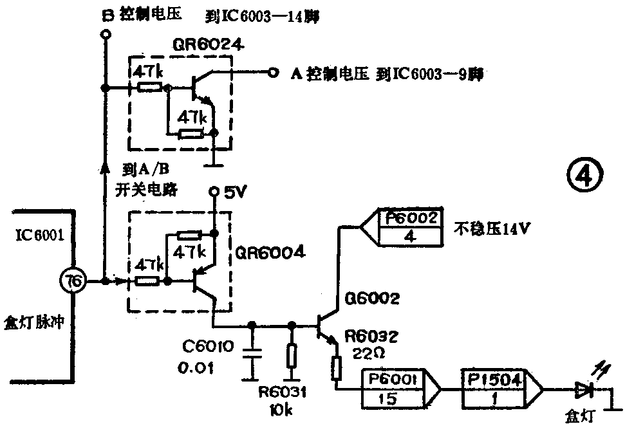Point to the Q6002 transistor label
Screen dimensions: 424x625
[x=372, y=298]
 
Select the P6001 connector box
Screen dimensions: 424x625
[x=393, y=389]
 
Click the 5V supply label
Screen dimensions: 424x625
[x=236, y=192]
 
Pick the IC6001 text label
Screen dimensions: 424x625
[x=40, y=235]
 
